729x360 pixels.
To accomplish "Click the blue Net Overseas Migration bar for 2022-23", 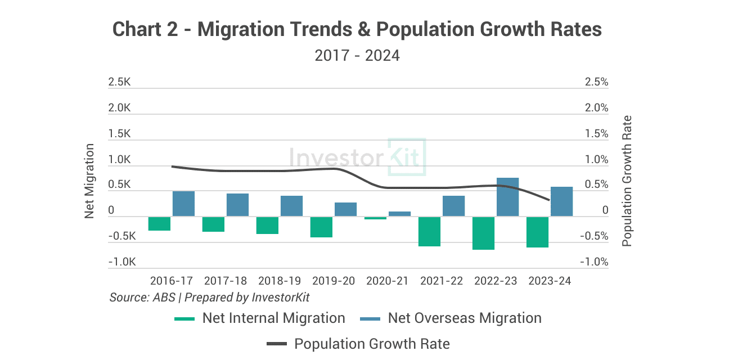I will point(507,197).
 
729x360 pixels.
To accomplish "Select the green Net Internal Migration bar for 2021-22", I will point(429,231).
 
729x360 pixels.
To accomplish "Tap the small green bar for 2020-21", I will point(375,218).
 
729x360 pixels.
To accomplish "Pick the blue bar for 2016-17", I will point(183,204).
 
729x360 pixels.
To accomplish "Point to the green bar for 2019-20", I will point(321,227).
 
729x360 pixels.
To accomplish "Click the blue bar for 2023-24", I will point(561,201).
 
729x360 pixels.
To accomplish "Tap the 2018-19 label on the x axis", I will point(280,281).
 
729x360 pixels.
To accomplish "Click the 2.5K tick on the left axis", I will point(119,82).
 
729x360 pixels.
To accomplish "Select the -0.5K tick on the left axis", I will point(119,236).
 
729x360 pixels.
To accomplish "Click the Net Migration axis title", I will point(89,181).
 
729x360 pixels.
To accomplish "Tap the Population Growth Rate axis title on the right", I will point(627,181).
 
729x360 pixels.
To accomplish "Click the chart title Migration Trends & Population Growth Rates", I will point(357,30).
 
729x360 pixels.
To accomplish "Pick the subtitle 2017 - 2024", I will point(357,56).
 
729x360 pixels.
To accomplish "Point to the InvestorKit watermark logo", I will point(357,157).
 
